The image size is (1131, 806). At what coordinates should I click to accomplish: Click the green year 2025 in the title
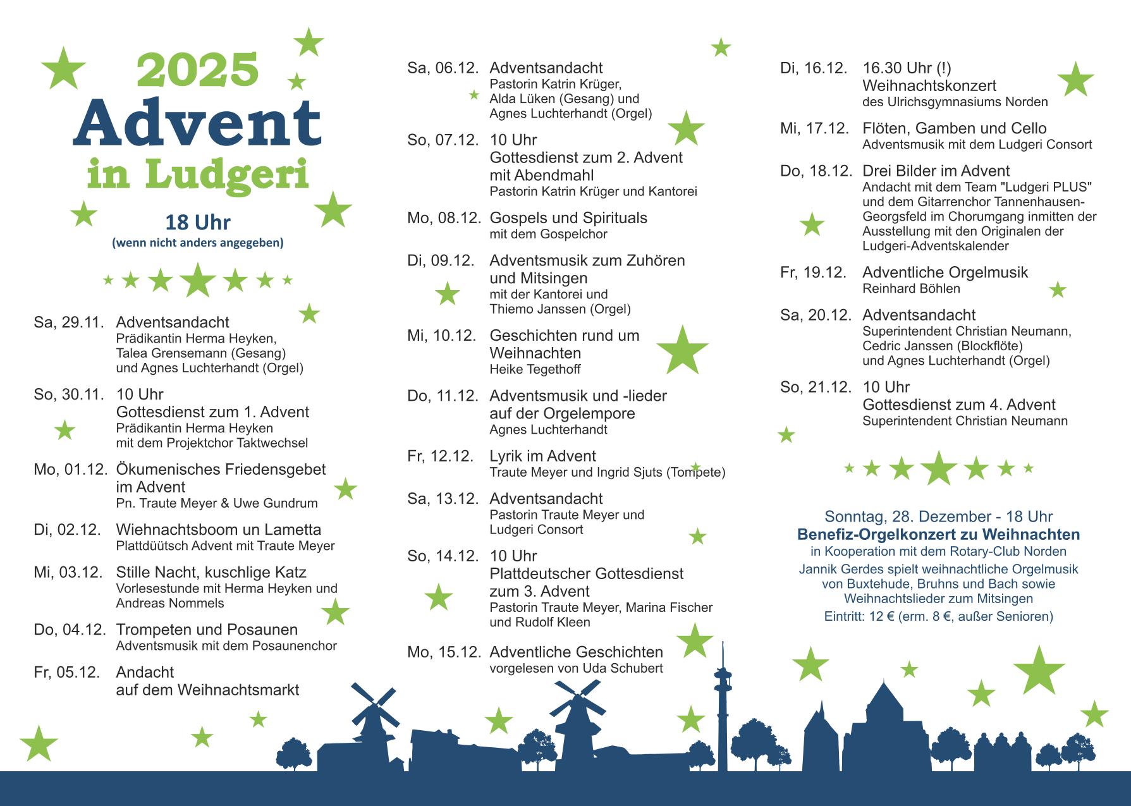(198, 70)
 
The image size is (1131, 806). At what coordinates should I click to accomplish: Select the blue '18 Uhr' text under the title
(197, 223)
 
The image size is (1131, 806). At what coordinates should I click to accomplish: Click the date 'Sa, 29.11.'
(68, 322)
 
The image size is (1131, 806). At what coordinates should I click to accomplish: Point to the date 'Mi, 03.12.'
(68, 573)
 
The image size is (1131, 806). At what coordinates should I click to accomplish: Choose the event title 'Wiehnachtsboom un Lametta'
(218, 530)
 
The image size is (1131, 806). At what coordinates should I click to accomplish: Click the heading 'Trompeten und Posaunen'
(207, 630)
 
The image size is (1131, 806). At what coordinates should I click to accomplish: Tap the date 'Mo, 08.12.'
(441, 218)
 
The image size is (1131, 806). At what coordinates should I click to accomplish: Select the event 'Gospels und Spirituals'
(568, 218)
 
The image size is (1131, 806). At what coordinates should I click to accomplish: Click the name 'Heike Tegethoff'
(535, 369)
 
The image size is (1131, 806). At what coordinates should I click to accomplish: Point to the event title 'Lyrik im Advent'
(542, 456)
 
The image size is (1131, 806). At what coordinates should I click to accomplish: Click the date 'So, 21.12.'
(816, 388)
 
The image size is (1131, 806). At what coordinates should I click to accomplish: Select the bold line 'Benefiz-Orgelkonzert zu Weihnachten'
(938, 535)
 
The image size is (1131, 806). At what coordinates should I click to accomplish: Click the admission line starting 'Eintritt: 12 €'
(938, 616)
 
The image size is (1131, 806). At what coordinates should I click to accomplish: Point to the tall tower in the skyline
(721, 702)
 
